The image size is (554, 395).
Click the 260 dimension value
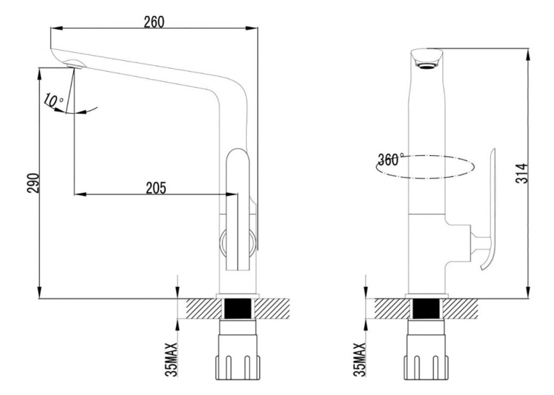pyautogui.click(x=154, y=22)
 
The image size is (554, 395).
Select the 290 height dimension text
pyautogui.click(x=33, y=183)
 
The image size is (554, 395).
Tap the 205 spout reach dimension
pyautogui.click(x=156, y=188)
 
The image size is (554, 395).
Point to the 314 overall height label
pyautogui.click(x=522, y=173)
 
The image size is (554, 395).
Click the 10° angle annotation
pyautogui.click(x=53, y=101)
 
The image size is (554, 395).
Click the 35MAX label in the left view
pyautogui.click(x=172, y=359)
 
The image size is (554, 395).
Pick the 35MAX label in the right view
pyautogui.click(x=359, y=359)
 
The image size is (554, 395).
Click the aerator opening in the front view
pyautogui.click(x=427, y=66)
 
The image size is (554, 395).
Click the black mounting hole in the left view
pyautogui.click(x=238, y=308)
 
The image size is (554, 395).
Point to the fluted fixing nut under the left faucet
pyautogui.click(x=238, y=367)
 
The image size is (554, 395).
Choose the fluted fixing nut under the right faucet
pyautogui.click(x=427, y=367)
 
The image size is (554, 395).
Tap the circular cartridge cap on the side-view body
pyautogui.click(x=238, y=243)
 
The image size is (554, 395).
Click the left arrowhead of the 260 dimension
pyautogui.click(x=56, y=28)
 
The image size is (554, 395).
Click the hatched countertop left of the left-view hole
pyautogui.click(x=203, y=308)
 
